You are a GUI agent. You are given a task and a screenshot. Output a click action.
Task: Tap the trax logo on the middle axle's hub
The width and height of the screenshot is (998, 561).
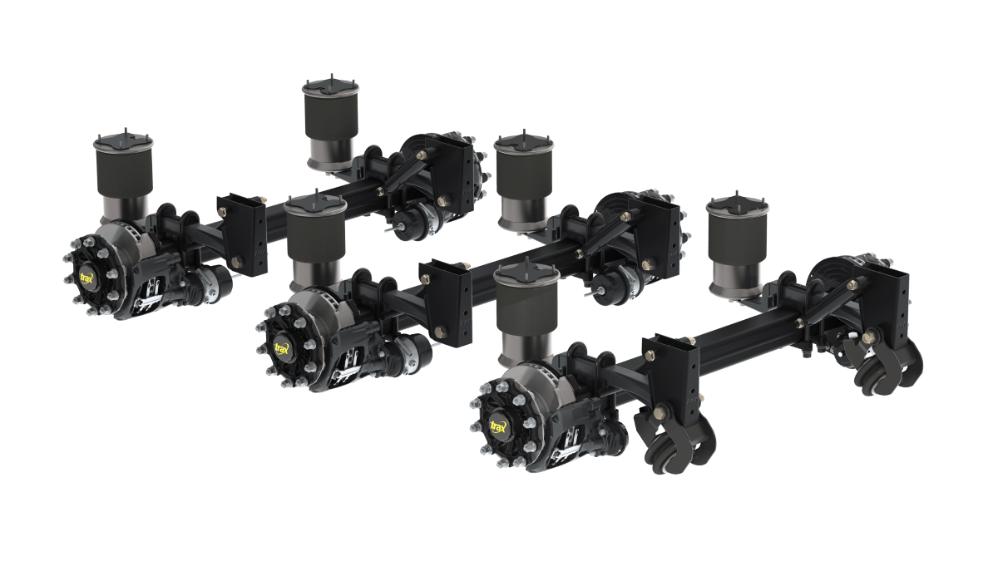click(x=282, y=347)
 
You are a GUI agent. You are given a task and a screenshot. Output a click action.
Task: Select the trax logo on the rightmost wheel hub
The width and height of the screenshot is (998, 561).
click(x=498, y=426)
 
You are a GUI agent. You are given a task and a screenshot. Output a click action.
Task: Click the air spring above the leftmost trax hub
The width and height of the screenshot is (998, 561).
click(x=124, y=178)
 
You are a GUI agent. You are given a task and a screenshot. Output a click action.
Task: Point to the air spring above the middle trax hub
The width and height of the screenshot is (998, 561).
click(x=316, y=243)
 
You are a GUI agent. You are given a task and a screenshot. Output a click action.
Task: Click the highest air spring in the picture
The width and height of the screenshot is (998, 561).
click(x=330, y=124)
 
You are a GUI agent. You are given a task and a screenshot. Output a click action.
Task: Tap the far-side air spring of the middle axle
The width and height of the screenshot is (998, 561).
click(x=524, y=183)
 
